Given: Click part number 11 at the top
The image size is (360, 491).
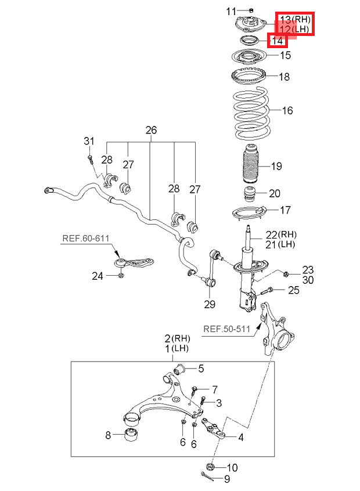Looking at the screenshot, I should [232, 11].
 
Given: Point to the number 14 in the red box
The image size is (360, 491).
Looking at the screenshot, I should [278, 41].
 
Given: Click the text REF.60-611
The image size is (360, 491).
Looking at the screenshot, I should [86, 238].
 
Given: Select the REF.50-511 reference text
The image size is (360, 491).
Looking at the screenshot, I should [226, 329].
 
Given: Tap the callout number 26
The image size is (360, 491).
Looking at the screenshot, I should [151, 131].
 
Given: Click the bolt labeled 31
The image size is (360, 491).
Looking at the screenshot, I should [91, 157].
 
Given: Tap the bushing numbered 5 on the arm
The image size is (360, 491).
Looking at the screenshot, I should [181, 369].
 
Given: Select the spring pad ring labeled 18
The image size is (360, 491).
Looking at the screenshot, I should [251, 77].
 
